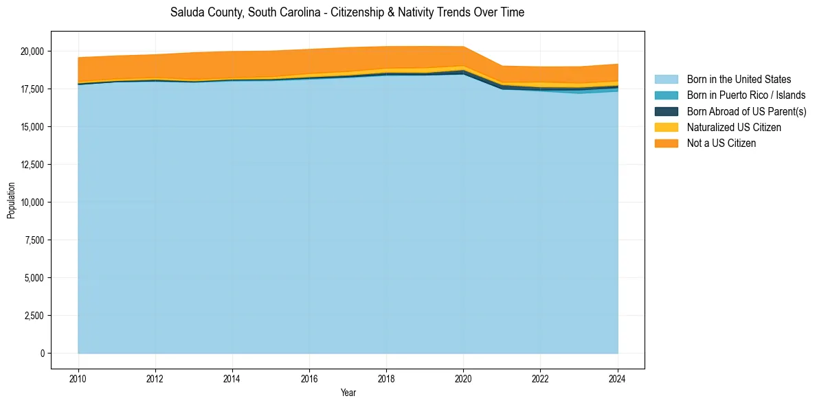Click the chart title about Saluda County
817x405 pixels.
[x=347, y=12]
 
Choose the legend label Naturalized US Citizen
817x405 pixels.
[x=734, y=127]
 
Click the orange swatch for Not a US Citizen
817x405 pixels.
[x=666, y=143]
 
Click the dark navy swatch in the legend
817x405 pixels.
[x=666, y=111]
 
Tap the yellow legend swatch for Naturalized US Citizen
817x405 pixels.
[x=666, y=127]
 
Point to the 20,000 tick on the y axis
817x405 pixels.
[x=32, y=51]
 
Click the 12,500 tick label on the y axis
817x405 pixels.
[x=32, y=165]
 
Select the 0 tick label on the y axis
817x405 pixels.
[x=42, y=354]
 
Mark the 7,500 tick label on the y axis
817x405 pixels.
[x=34, y=240]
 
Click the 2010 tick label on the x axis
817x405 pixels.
[x=78, y=378]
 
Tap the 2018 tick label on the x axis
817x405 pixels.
[x=387, y=378]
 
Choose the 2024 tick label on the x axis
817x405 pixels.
[x=618, y=378]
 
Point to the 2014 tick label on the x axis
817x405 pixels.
[x=232, y=378]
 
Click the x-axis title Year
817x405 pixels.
[x=348, y=393]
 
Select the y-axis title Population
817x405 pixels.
[x=11, y=200]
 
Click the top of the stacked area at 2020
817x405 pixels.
[x=464, y=47]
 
